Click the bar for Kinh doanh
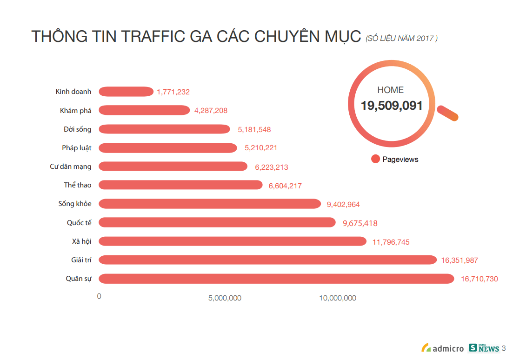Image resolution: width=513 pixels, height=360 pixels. pyautogui.click(x=126, y=92)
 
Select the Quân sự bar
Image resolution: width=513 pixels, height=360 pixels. pyautogui.click(x=276, y=279)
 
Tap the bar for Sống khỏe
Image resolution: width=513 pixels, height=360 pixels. pyautogui.click(x=210, y=204)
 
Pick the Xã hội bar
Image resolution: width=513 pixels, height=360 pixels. pyautogui.click(x=233, y=241)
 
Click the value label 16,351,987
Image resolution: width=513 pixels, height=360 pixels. pyautogui.click(x=460, y=260)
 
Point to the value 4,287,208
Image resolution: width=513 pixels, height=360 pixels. pyautogui.click(x=211, y=111)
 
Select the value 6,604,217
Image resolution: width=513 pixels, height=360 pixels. pyautogui.click(x=285, y=186)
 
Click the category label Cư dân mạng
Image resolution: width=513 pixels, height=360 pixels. pyautogui.click(x=71, y=167)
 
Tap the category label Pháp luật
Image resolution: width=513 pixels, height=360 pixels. pyautogui.click(x=77, y=148)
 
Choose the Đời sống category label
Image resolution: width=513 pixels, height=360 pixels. pyautogui.click(x=78, y=129)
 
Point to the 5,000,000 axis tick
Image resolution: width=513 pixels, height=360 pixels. pyautogui.click(x=225, y=298)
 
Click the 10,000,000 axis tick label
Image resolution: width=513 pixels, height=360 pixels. pyautogui.click(x=338, y=298)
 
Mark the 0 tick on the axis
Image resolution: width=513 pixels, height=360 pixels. pyautogui.click(x=99, y=296)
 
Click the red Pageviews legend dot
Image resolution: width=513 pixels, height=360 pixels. pyautogui.click(x=376, y=159)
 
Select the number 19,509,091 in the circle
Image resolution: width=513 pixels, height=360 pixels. pyautogui.click(x=392, y=106)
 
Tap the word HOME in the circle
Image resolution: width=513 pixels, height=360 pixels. pyautogui.click(x=391, y=90)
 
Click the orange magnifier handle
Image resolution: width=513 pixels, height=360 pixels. pyautogui.click(x=448, y=113)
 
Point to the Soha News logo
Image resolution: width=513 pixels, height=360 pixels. pyautogui.click(x=484, y=347)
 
